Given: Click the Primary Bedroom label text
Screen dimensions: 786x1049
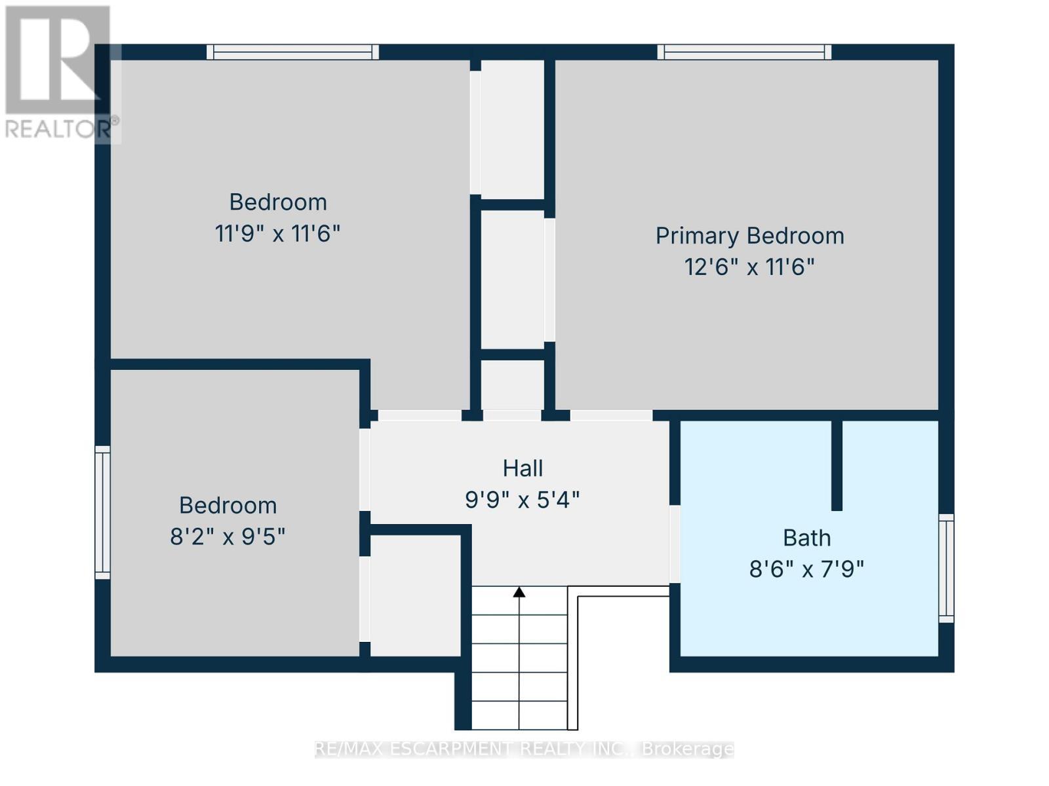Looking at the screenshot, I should [749, 236].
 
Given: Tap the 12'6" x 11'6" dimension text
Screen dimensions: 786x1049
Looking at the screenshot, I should [749, 267].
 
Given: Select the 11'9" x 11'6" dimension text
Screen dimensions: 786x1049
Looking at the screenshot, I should [278, 233].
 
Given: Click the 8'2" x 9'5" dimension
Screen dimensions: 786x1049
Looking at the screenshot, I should [228, 537].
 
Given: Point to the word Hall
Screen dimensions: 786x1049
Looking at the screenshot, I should [523, 468].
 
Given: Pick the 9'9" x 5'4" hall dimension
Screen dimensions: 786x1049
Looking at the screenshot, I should [523, 500].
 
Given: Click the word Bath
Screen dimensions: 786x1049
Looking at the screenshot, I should [806, 538].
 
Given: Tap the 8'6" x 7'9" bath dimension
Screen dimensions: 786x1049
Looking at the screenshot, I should [806, 569].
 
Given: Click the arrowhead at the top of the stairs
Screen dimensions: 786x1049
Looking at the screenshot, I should [519, 592].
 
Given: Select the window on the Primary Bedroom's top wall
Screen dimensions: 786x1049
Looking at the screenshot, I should [744, 52].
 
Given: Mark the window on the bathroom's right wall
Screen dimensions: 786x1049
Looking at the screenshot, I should [946, 568].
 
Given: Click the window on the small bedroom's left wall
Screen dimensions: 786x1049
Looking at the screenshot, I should [103, 512].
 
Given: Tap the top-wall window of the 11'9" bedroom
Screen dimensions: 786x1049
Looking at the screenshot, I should [292, 52].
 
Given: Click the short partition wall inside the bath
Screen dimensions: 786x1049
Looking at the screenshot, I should [837, 465].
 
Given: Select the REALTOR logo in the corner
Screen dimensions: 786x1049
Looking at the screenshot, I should [58, 72].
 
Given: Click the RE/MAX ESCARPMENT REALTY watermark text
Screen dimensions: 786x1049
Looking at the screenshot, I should [524, 749].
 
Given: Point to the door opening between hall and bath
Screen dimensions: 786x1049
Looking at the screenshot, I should [674, 544].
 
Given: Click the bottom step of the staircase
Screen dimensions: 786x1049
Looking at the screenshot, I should [519, 715].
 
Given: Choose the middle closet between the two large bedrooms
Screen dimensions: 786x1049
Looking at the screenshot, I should [513, 279].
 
